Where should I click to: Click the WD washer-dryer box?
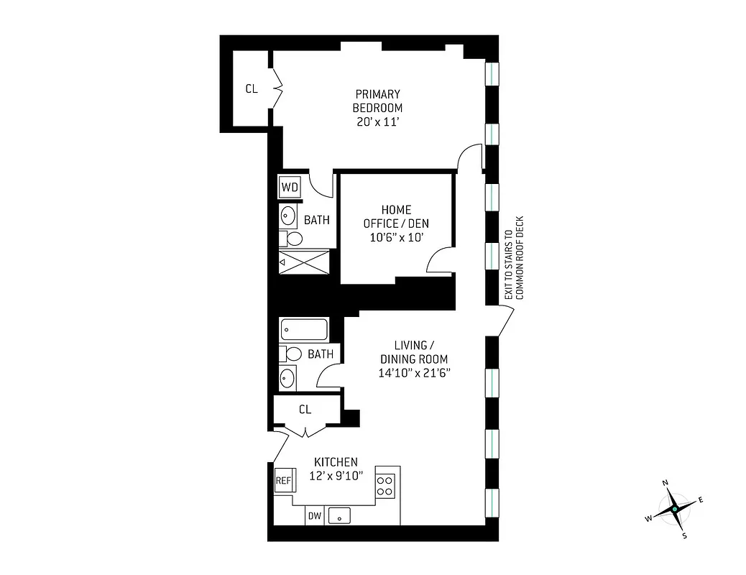[290, 188]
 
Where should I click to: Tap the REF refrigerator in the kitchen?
[283, 481]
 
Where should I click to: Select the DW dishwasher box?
[314, 515]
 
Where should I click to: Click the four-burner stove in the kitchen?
[386, 486]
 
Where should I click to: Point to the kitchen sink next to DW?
[339, 515]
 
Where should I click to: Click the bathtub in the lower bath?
[304, 330]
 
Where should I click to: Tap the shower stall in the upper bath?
[304, 262]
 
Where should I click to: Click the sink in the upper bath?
[288, 215]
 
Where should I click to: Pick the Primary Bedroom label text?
[377, 101]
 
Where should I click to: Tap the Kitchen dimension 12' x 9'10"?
[336, 475]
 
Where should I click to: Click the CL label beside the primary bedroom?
[252, 89]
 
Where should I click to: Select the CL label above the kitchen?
[305, 410]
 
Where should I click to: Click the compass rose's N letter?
[666, 483]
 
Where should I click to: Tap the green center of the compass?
[675, 509]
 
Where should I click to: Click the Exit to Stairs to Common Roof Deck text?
[515, 258]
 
